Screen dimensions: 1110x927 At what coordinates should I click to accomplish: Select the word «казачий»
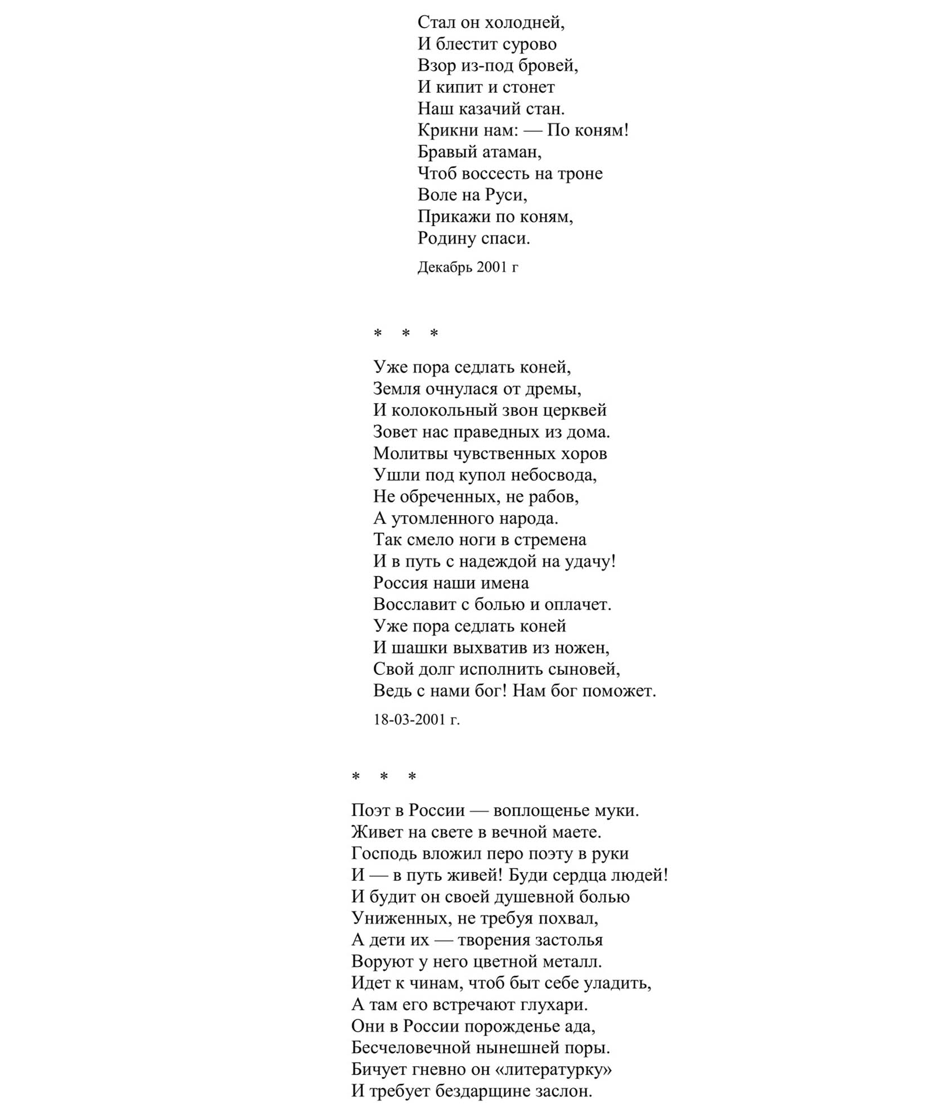(x=497, y=109)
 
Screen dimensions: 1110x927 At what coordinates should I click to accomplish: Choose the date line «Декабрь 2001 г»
(x=468, y=267)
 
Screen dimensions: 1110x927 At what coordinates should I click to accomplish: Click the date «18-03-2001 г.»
(x=417, y=719)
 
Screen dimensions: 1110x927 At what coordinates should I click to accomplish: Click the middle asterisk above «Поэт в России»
(x=384, y=777)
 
